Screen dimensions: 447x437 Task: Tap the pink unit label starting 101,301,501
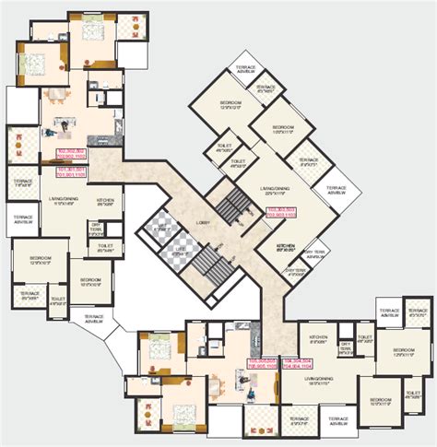(71, 171)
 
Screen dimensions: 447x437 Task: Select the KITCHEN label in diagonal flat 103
(286, 246)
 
